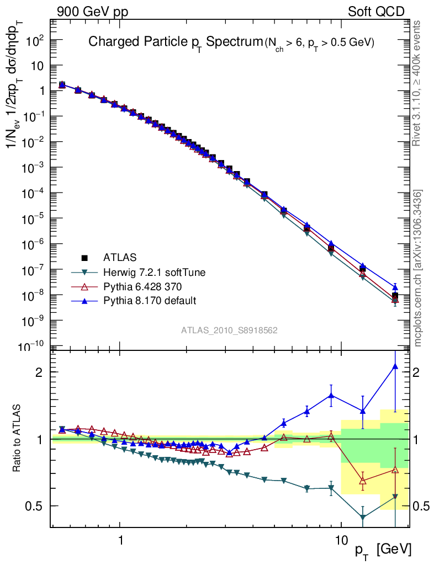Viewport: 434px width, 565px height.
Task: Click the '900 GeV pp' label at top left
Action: point(92,12)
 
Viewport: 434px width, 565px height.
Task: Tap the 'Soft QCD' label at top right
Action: point(376,12)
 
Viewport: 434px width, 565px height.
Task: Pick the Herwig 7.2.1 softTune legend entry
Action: point(150,272)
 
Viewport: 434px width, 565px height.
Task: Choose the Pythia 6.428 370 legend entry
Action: point(142,286)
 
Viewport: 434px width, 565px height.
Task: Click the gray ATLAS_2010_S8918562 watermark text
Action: point(229,331)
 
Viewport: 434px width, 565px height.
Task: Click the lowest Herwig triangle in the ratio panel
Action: point(363,518)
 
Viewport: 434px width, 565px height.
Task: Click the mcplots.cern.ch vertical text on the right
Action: point(419,268)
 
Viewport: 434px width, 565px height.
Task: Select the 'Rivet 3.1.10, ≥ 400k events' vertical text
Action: point(419,84)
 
